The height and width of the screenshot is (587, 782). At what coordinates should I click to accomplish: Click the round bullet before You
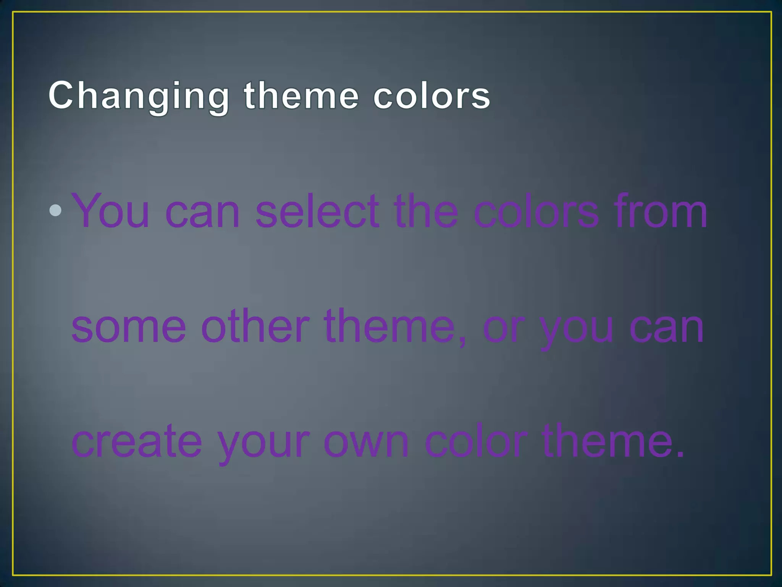[55, 210]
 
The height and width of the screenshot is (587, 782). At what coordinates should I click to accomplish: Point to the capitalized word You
[111, 211]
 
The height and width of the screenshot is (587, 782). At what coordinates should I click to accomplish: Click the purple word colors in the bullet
[536, 211]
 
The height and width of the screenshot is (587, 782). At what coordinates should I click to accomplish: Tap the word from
[661, 211]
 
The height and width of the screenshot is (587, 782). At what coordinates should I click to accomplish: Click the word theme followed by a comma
[389, 326]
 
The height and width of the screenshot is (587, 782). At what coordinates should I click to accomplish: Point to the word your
[263, 443]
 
